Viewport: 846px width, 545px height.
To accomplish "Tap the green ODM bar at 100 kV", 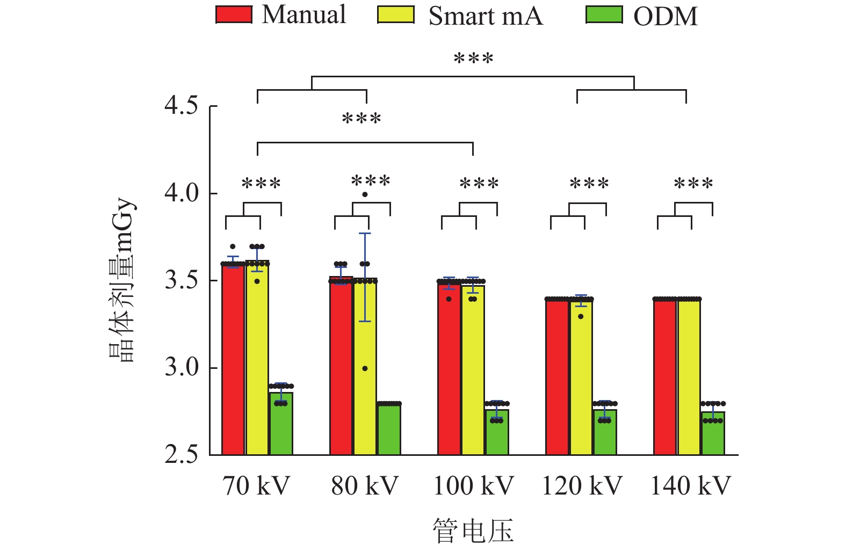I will click(x=497, y=432).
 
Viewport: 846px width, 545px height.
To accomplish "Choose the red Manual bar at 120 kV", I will click(x=557, y=376).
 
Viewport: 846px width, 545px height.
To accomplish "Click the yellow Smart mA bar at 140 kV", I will click(x=689, y=376).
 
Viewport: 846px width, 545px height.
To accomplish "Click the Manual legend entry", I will click(x=281, y=15).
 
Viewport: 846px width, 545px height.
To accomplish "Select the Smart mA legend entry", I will click(x=460, y=16).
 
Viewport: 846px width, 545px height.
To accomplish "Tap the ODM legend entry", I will click(x=642, y=16).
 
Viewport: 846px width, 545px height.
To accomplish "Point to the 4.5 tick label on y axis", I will click(x=182, y=106).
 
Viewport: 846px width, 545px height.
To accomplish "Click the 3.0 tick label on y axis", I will click(x=182, y=368).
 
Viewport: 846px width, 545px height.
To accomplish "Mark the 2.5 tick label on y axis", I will click(x=182, y=455).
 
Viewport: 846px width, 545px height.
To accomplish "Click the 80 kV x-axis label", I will click(x=365, y=486).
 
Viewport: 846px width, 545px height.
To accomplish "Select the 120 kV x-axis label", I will click(x=582, y=486).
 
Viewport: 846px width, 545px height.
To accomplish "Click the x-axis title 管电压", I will click(x=473, y=531).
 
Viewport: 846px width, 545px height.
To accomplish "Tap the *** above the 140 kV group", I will click(x=693, y=184).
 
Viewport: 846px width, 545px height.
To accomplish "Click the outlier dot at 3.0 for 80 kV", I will click(x=365, y=368).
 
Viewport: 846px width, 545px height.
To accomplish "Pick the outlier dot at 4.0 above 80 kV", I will click(x=365, y=194).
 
